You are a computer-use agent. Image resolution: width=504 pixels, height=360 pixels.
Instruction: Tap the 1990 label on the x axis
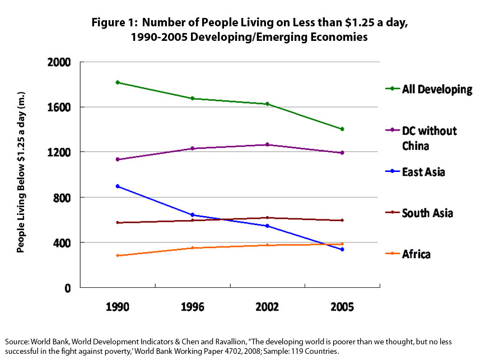click(x=118, y=307)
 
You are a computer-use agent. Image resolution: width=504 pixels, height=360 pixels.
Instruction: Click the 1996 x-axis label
click(x=192, y=307)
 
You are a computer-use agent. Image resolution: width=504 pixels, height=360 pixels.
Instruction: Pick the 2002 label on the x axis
click(x=267, y=307)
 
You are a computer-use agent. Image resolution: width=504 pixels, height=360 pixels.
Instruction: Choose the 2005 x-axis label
click(x=342, y=307)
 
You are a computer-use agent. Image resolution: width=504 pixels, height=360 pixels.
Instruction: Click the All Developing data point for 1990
click(x=118, y=82)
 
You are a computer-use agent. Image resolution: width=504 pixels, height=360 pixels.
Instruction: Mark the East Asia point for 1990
click(x=118, y=186)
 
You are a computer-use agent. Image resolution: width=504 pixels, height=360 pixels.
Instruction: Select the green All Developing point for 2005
click(x=342, y=129)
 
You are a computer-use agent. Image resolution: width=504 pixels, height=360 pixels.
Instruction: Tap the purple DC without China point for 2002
click(x=267, y=144)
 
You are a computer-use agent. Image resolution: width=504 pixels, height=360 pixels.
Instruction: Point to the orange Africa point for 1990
click(x=118, y=255)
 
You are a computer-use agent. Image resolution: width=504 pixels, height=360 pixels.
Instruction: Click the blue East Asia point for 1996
click(x=192, y=214)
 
